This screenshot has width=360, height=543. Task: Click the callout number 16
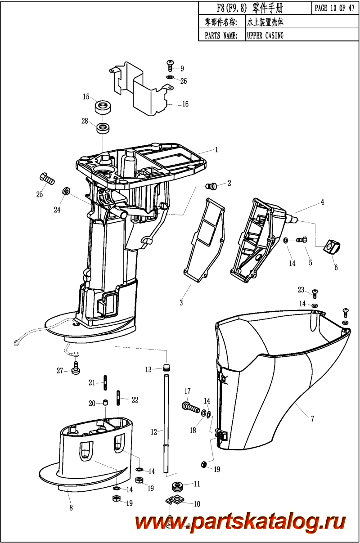(x=185, y=104)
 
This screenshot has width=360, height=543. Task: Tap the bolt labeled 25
(x=47, y=179)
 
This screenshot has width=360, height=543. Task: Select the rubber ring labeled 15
(x=103, y=107)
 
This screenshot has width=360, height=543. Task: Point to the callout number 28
(x=85, y=121)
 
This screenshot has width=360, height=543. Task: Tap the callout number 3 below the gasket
(x=181, y=302)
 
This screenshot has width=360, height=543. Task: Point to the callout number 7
(x=312, y=418)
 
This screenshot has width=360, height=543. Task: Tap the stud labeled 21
(x=105, y=383)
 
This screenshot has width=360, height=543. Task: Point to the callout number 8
(x=71, y=508)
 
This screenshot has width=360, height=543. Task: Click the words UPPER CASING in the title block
(x=265, y=36)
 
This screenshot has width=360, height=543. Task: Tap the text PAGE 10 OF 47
(x=335, y=8)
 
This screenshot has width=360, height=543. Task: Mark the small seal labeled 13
(x=167, y=368)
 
